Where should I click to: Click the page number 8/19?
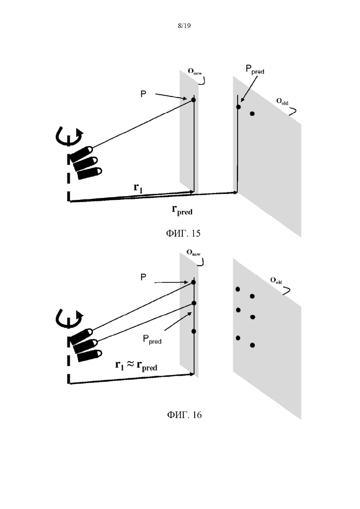184,26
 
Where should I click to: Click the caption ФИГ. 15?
183,233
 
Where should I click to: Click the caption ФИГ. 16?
184,414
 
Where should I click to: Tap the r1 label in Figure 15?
138,188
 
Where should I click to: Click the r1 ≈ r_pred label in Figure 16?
136,365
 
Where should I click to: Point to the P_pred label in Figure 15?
255,70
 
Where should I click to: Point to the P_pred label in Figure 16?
152,339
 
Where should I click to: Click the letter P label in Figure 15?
143,94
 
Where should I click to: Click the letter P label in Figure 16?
143,277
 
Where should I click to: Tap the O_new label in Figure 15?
194,72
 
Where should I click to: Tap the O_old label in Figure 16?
276,281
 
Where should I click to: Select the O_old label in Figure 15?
282,102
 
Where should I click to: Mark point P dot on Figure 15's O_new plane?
193,100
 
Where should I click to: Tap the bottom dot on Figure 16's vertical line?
194,331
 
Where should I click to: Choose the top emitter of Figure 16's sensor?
81,336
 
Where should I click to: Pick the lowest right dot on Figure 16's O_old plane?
252,345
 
